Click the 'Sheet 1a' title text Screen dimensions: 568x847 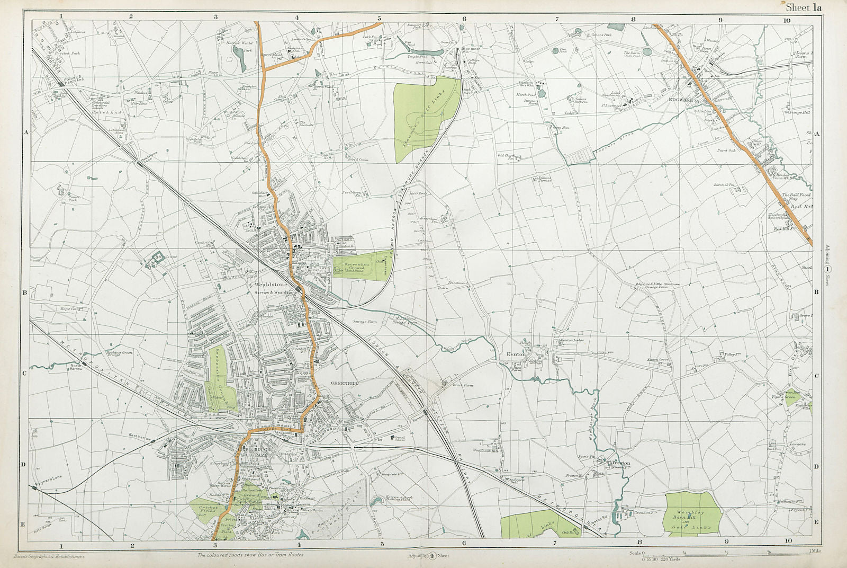(803, 7)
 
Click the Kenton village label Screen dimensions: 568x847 (515, 354)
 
